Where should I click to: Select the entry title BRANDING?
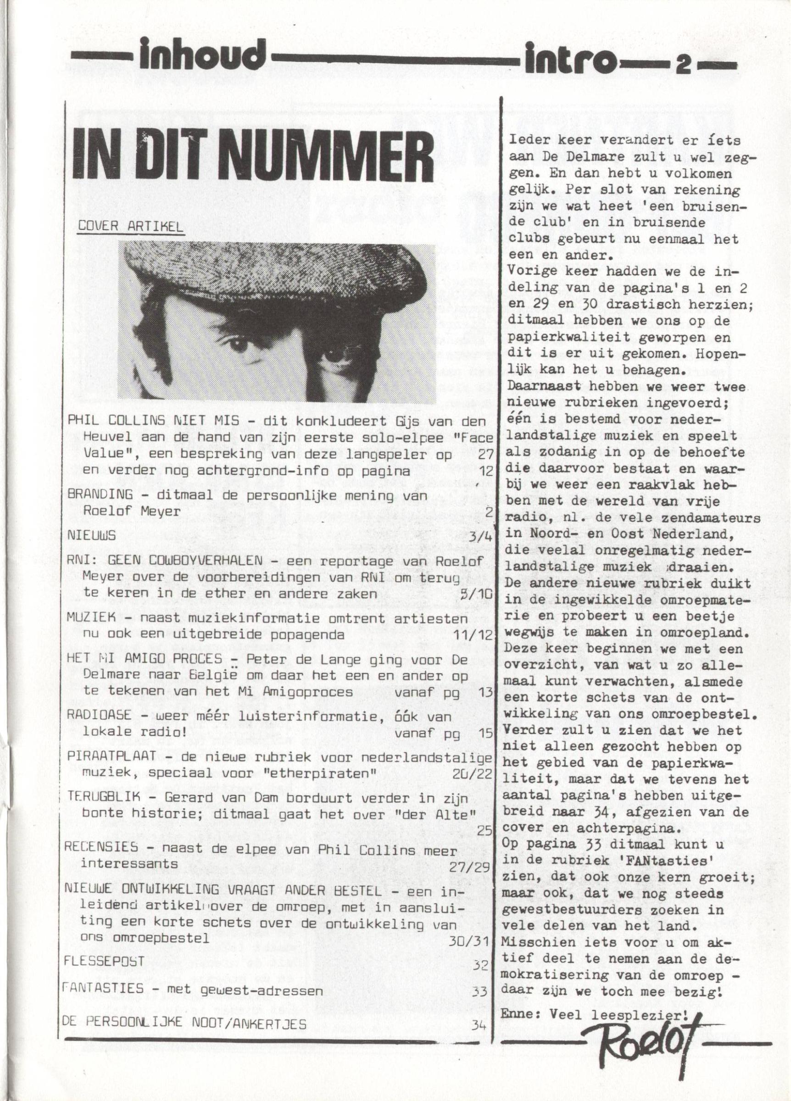pyautogui.click(x=100, y=495)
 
